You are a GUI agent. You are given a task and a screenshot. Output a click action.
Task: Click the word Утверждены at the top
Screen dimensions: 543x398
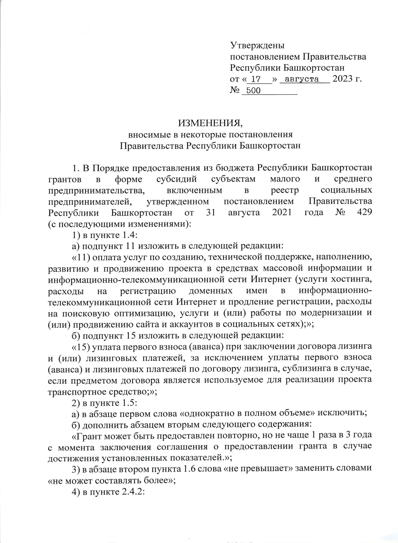[x=257, y=45]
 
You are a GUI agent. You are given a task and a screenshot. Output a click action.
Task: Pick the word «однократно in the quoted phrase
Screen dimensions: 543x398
[x=205, y=413]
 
